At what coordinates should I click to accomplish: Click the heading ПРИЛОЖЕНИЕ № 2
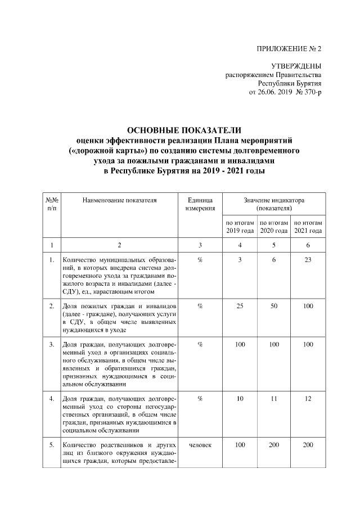coord(289,49)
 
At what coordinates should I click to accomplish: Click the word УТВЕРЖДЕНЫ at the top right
coord(296,66)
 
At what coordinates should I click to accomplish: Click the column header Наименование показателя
coord(119,199)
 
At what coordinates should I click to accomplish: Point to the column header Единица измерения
coord(200,204)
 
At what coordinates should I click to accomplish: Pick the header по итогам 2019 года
coord(240,227)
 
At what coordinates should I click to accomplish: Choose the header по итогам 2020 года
coord(274,227)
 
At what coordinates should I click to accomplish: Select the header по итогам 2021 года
coord(308,227)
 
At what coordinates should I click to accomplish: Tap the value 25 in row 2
coord(240,305)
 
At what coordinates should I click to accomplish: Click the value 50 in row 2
coord(274,305)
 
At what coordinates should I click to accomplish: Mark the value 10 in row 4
coord(240,399)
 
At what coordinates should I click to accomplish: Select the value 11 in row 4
coord(274,399)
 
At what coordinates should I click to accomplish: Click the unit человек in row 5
coord(200,445)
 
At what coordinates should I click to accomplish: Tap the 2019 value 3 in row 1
coord(240,260)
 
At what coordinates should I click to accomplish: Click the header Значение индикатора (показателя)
coord(274,204)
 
